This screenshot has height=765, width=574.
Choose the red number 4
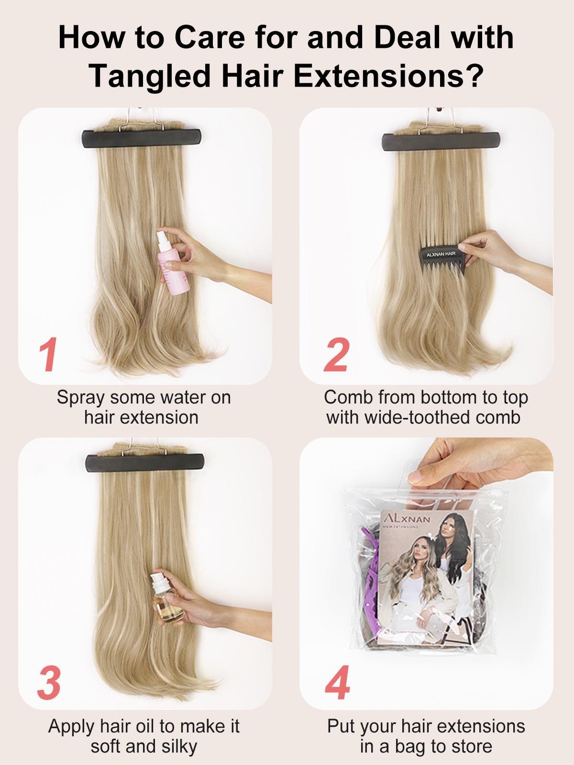[x=338, y=684]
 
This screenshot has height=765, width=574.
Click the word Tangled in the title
[x=153, y=75]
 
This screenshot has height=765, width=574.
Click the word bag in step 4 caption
[x=418, y=746]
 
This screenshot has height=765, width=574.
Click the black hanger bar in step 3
[x=145, y=463]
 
